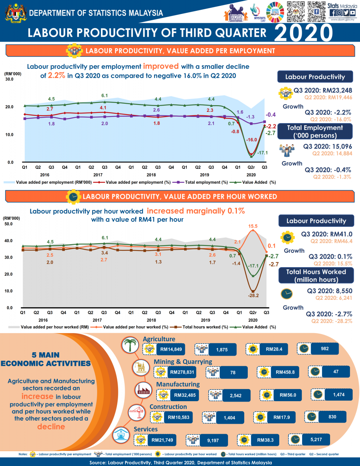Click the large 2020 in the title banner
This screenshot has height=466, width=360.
304,33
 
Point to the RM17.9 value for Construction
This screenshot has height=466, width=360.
282,417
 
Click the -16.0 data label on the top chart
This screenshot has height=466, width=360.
252,140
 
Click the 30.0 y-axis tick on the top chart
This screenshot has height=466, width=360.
9,79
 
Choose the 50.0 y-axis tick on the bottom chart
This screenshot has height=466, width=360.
9,224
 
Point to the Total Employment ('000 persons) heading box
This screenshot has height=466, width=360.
316,131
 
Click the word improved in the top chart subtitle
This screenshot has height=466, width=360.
161,66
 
